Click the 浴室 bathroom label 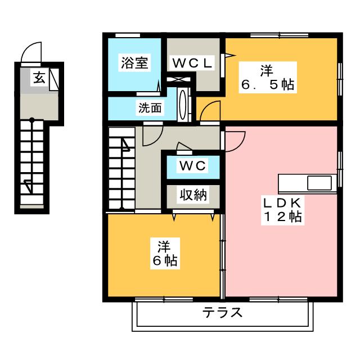click(x=134, y=62)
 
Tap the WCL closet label click(x=192, y=63)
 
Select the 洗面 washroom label click(x=150, y=107)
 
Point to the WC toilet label click(x=192, y=165)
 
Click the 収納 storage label click(x=193, y=195)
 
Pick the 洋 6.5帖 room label click(x=268, y=78)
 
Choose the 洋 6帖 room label click(x=165, y=254)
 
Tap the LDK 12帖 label click(x=282, y=210)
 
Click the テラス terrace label click(x=222, y=312)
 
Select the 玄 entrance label click(x=39, y=78)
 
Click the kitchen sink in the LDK click(x=319, y=183)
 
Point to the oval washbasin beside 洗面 click(x=183, y=105)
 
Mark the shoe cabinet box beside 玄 click(x=54, y=79)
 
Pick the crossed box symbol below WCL click(x=179, y=79)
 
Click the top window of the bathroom click(x=128, y=35)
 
